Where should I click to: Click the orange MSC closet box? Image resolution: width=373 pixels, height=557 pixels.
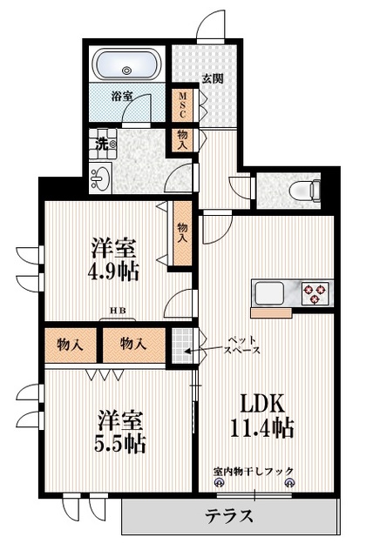tap(184, 105)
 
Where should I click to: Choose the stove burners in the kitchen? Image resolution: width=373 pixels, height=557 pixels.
tap(315, 292)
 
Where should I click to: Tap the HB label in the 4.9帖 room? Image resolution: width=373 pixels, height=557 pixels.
tap(115, 309)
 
